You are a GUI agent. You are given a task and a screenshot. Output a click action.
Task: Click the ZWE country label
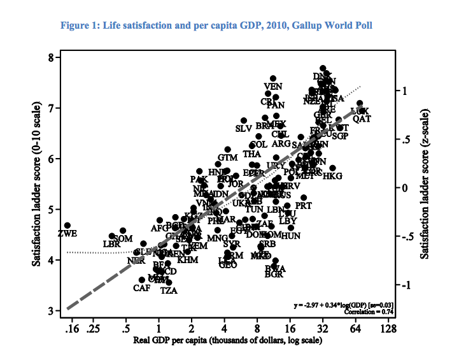point(67,233)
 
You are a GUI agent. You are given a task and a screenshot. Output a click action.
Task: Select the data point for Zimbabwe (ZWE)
point(67,226)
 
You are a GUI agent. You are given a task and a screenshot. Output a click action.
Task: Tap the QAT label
point(362,119)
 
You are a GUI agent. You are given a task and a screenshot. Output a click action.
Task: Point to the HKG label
point(332,176)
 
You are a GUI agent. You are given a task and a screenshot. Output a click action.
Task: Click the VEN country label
point(272,87)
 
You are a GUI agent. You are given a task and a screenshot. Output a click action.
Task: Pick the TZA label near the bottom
point(169,291)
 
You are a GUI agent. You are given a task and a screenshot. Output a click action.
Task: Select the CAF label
point(141,288)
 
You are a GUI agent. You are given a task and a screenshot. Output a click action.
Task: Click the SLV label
point(244,129)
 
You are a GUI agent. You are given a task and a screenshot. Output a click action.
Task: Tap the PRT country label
point(304,206)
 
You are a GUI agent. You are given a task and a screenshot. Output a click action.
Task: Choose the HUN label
point(291,236)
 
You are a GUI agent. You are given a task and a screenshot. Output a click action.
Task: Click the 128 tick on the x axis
point(388,329)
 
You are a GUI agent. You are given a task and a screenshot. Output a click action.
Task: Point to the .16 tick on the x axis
point(72,329)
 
